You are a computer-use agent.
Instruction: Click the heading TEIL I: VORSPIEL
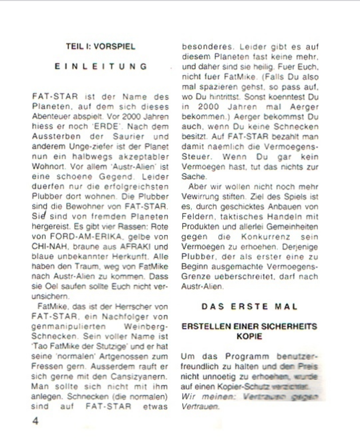pyautogui.click(x=101, y=47)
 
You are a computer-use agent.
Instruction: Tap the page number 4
pyautogui.click(x=36, y=421)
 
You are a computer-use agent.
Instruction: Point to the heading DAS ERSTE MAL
pyautogui.click(x=249, y=306)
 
